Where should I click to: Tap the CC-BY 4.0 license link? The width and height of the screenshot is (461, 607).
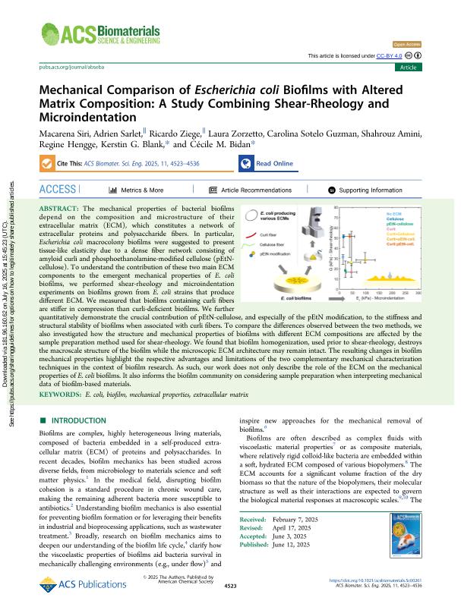click(389, 55)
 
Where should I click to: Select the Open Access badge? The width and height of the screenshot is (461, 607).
click(407, 45)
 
